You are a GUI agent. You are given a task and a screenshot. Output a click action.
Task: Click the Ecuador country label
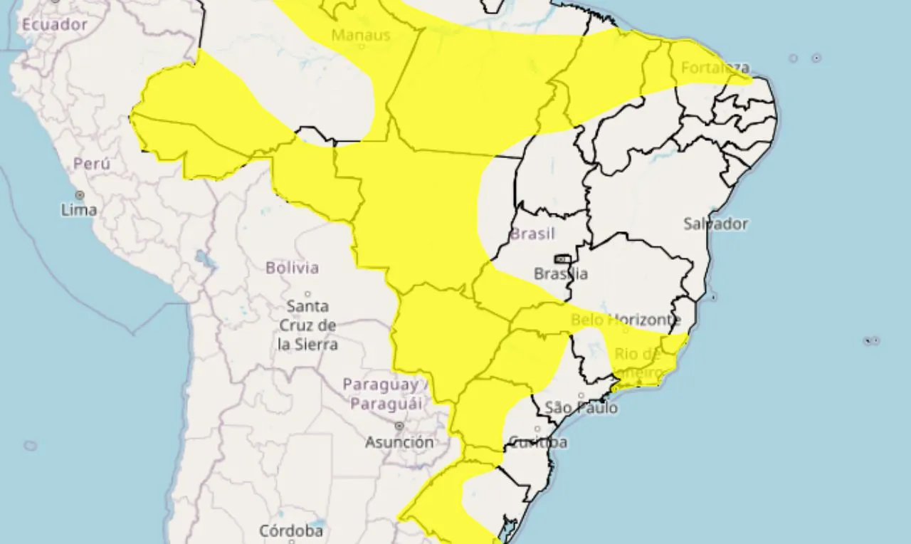click(55, 24)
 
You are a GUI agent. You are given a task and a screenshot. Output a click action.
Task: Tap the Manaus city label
click(361, 35)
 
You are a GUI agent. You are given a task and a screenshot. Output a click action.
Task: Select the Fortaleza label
click(715, 68)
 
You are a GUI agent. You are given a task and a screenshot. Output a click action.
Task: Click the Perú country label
click(92, 164)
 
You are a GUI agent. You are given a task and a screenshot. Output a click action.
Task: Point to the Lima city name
click(79, 210)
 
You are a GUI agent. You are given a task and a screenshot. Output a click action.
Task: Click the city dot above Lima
click(80, 194)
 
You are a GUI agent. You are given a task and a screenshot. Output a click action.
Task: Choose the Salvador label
click(715, 224)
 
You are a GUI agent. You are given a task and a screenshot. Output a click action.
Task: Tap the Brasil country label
click(532, 234)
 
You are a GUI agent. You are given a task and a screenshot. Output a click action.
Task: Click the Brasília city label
click(561, 273)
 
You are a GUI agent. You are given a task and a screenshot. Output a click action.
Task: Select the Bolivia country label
click(292, 268)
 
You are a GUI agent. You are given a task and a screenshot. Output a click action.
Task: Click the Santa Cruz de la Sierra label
click(307, 325)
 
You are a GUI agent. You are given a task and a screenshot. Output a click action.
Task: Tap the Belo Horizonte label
click(626, 320)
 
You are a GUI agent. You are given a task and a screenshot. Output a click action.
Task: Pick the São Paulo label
click(581, 408)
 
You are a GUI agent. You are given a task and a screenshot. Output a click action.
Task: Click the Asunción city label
click(399, 442)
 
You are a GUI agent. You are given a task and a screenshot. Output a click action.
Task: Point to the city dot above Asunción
click(400, 426)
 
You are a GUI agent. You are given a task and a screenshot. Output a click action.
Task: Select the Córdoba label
click(291, 531)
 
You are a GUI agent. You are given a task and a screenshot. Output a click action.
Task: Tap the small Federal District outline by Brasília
click(562, 259)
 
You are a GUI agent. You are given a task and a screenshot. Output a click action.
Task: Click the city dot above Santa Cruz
click(307, 293)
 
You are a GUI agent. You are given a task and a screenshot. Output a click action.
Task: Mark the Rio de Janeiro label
click(638, 362)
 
